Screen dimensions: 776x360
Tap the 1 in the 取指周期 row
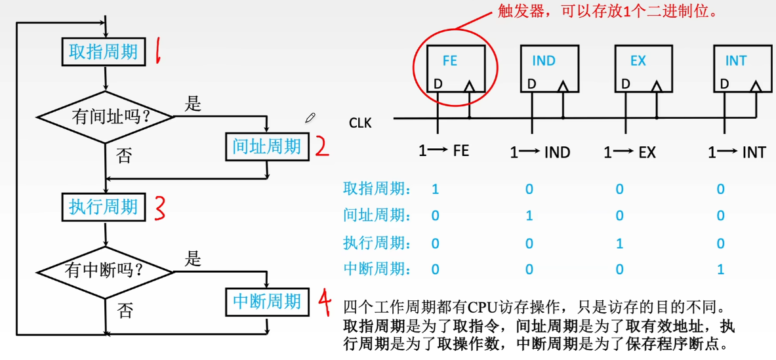point(436,190)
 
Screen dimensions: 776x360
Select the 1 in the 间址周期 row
point(529,216)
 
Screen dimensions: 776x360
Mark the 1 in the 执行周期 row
point(619,243)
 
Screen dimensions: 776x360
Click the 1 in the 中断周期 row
point(720,270)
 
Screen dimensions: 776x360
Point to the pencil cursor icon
point(310,117)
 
